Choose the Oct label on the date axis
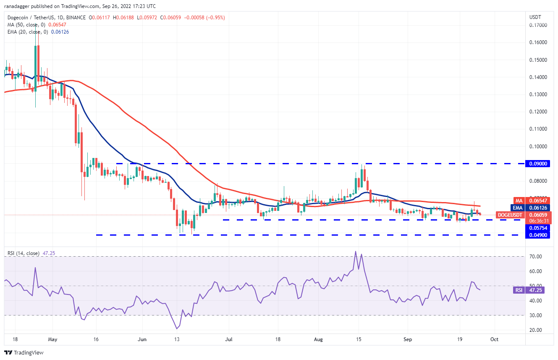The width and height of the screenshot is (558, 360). tap(495, 339)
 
